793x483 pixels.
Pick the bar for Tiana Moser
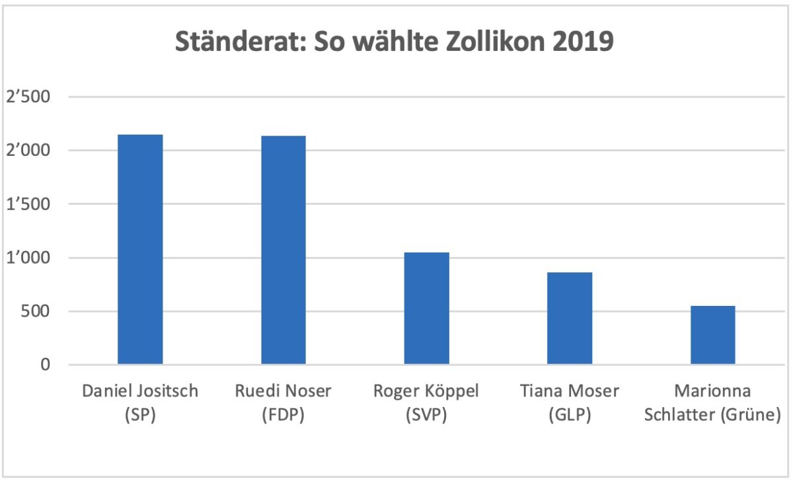[570, 318]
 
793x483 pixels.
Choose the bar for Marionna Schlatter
[713, 335]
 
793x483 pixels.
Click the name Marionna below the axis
[713, 391]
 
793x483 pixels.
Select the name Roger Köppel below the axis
[427, 391]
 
